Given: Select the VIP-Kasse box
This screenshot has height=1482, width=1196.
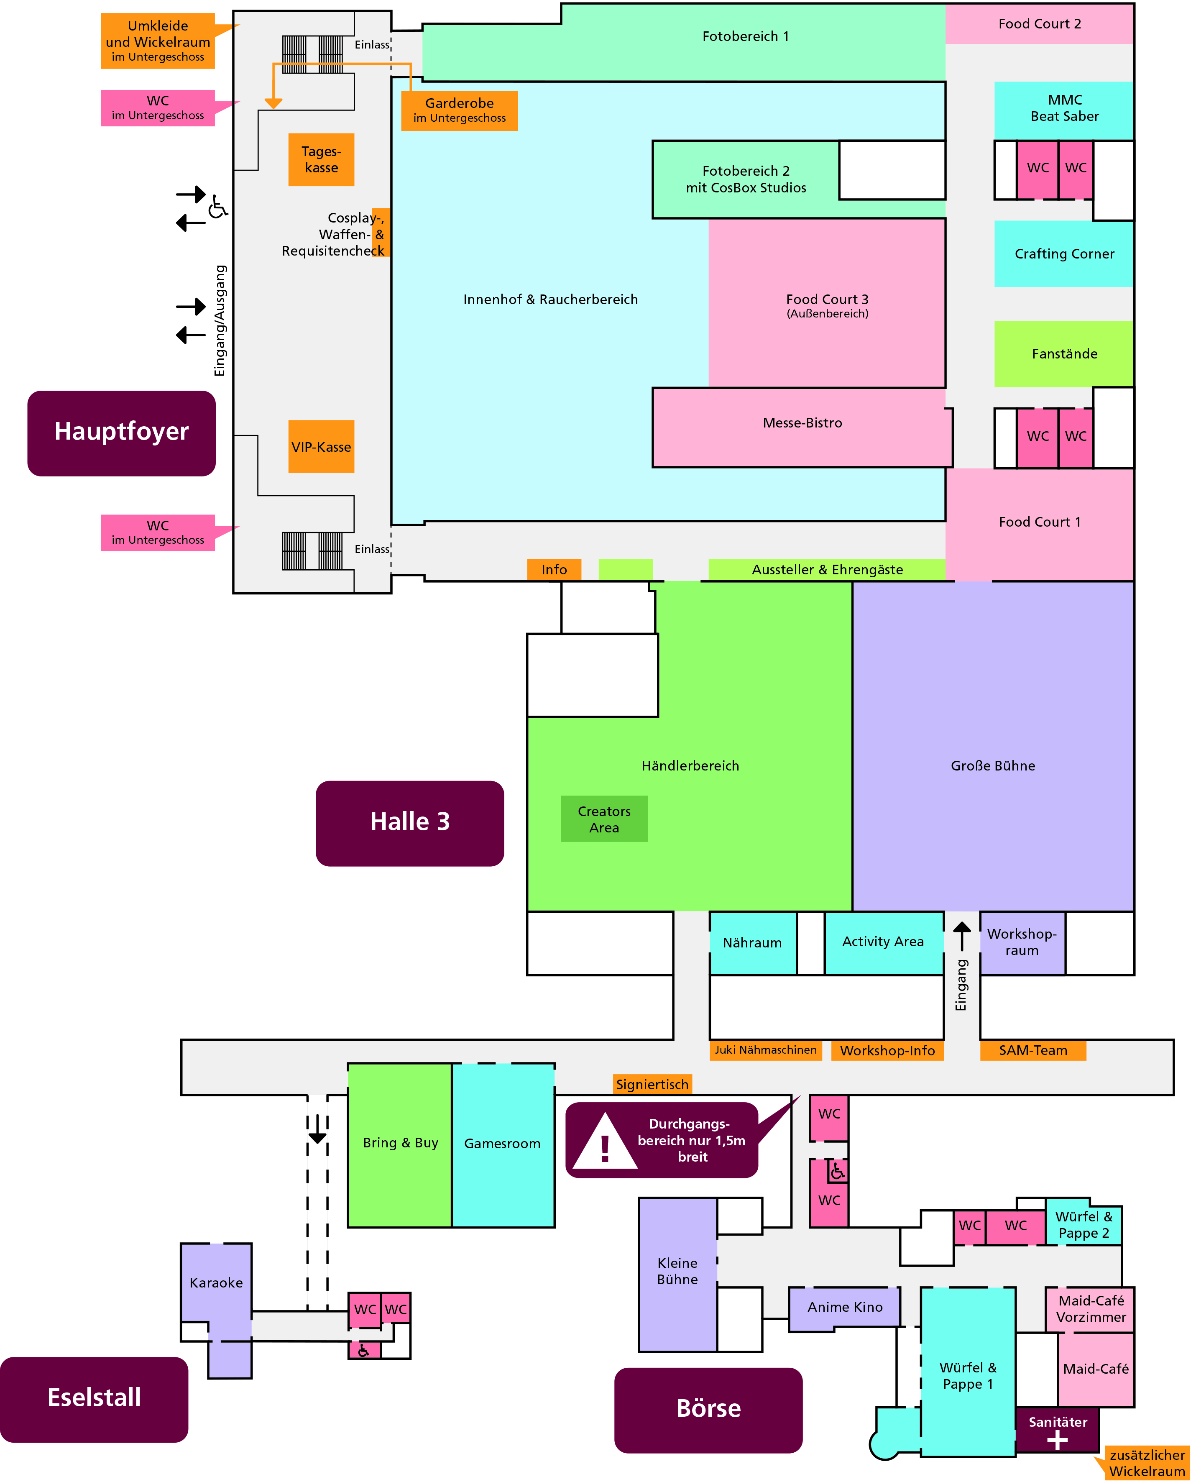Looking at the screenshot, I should click(x=321, y=446).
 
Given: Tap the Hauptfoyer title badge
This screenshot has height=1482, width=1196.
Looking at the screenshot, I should click(x=121, y=433).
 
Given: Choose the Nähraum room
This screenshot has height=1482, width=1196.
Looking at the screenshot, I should click(x=752, y=942).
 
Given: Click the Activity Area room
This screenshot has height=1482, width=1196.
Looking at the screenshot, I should click(x=883, y=942).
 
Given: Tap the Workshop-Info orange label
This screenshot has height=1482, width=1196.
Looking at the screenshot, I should click(x=887, y=1051).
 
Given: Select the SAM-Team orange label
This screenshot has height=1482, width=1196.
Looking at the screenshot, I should click(x=1033, y=1051).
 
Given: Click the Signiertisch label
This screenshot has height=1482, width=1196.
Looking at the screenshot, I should click(x=652, y=1085).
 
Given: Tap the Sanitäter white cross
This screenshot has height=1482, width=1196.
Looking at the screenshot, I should click(x=1057, y=1440).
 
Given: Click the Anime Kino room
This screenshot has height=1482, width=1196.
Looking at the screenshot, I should click(x=845, y=1307).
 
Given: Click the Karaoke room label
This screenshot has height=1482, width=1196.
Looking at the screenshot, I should click(x=216, y=1283).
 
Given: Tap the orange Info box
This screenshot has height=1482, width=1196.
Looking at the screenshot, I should click(x=554, y=569).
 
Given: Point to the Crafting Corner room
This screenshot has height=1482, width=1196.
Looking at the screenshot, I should click(x=1064, y=253).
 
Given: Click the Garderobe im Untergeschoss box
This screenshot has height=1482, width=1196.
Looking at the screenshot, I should click(x=460, y=110).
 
